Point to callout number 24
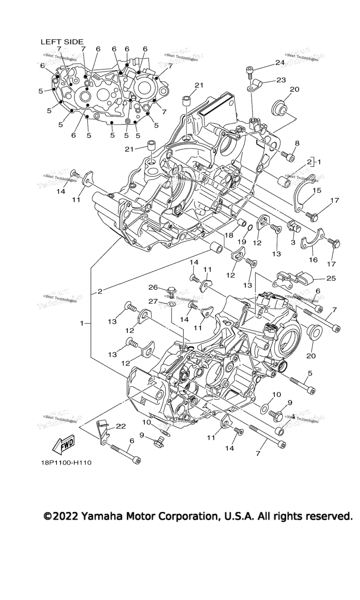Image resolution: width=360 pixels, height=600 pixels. point(280,62)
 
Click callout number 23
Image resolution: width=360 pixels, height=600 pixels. point(281,80)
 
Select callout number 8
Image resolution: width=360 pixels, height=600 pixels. point(297,143)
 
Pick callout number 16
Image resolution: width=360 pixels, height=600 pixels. point(313,259)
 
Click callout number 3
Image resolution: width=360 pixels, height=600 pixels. point(292,242)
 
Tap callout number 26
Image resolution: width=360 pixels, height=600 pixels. point(152,287)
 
